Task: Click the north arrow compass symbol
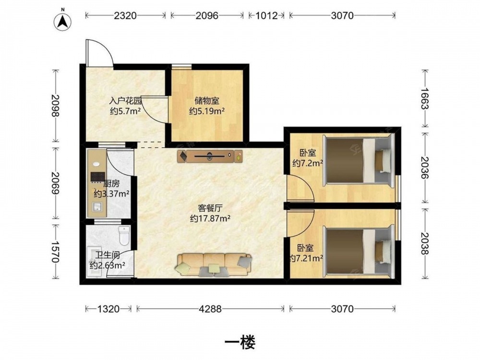63,22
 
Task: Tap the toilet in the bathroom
124,236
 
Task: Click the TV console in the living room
210,156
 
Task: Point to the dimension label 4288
210,309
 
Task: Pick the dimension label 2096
207,15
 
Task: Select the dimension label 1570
55,252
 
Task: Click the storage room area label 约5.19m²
207,111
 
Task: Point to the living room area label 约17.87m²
210,218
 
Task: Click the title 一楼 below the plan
240,342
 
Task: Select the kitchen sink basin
97,207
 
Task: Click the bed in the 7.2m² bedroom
358,160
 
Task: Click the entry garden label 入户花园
125,101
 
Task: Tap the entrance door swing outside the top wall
99,53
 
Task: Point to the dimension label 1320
108,309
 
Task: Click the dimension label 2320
125,15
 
